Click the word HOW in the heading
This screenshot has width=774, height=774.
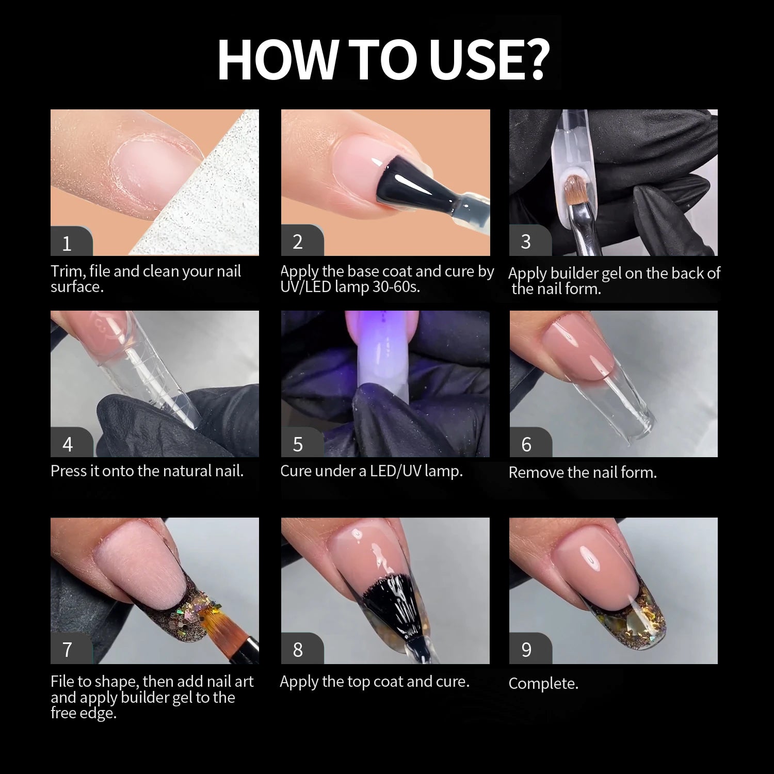[x=277, y=59]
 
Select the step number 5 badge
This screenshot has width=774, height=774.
[x=302, y=443]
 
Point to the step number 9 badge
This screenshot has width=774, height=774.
[x=530, y=648]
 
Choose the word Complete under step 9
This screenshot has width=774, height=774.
[x=543, y=684]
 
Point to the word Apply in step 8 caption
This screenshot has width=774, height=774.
[x=299, y=682]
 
